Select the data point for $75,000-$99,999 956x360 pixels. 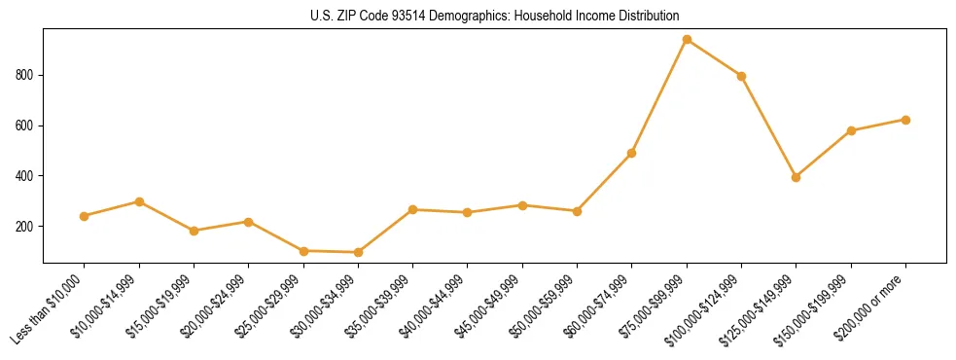(x=687, y=40)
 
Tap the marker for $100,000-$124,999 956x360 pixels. (x=741, y=76)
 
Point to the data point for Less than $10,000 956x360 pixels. (x=85, y=216)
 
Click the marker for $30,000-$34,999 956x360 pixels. (x=358, y=252)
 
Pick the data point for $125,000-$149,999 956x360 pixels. (x=796, y=177)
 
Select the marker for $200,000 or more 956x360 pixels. (x=905, y=120)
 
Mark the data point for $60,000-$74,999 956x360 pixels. (x=632, y=153)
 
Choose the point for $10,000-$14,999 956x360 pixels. (x=139, y=201)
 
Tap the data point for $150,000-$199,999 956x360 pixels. (x=851, y=130)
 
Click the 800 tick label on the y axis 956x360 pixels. (x=27, y=75)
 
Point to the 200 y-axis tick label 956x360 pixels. (x=27, y=226)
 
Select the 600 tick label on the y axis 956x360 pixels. (x=27, y=126)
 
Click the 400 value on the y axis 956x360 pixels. (x=27, y=176)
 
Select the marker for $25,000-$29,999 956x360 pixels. (x=303, y=251)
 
